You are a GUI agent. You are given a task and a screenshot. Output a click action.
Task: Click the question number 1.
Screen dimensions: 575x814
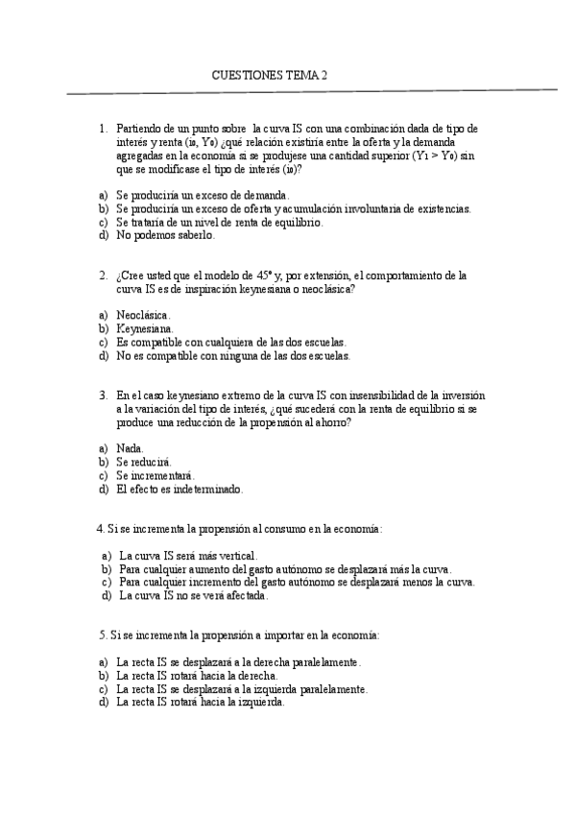(103, 128)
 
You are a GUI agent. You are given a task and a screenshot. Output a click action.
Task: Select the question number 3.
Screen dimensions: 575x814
(103, 395)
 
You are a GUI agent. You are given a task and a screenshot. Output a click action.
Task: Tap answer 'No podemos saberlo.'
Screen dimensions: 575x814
(165, 234)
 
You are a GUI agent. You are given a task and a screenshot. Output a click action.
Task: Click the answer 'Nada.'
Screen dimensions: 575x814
(131, 447)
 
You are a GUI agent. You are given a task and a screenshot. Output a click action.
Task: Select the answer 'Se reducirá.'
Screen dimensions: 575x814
(144, 462)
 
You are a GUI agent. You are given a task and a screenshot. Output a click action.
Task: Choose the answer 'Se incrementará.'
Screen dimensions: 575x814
(155, 475)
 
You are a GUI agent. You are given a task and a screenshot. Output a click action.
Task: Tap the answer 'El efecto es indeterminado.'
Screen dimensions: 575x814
(180, 489)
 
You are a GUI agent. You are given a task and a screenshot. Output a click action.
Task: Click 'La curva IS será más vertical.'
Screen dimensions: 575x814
(188, 555)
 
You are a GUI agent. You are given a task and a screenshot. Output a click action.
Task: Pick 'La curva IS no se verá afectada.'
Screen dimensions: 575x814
(193, 595)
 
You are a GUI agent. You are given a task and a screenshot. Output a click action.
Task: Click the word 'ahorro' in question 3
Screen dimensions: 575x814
(328, 421)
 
